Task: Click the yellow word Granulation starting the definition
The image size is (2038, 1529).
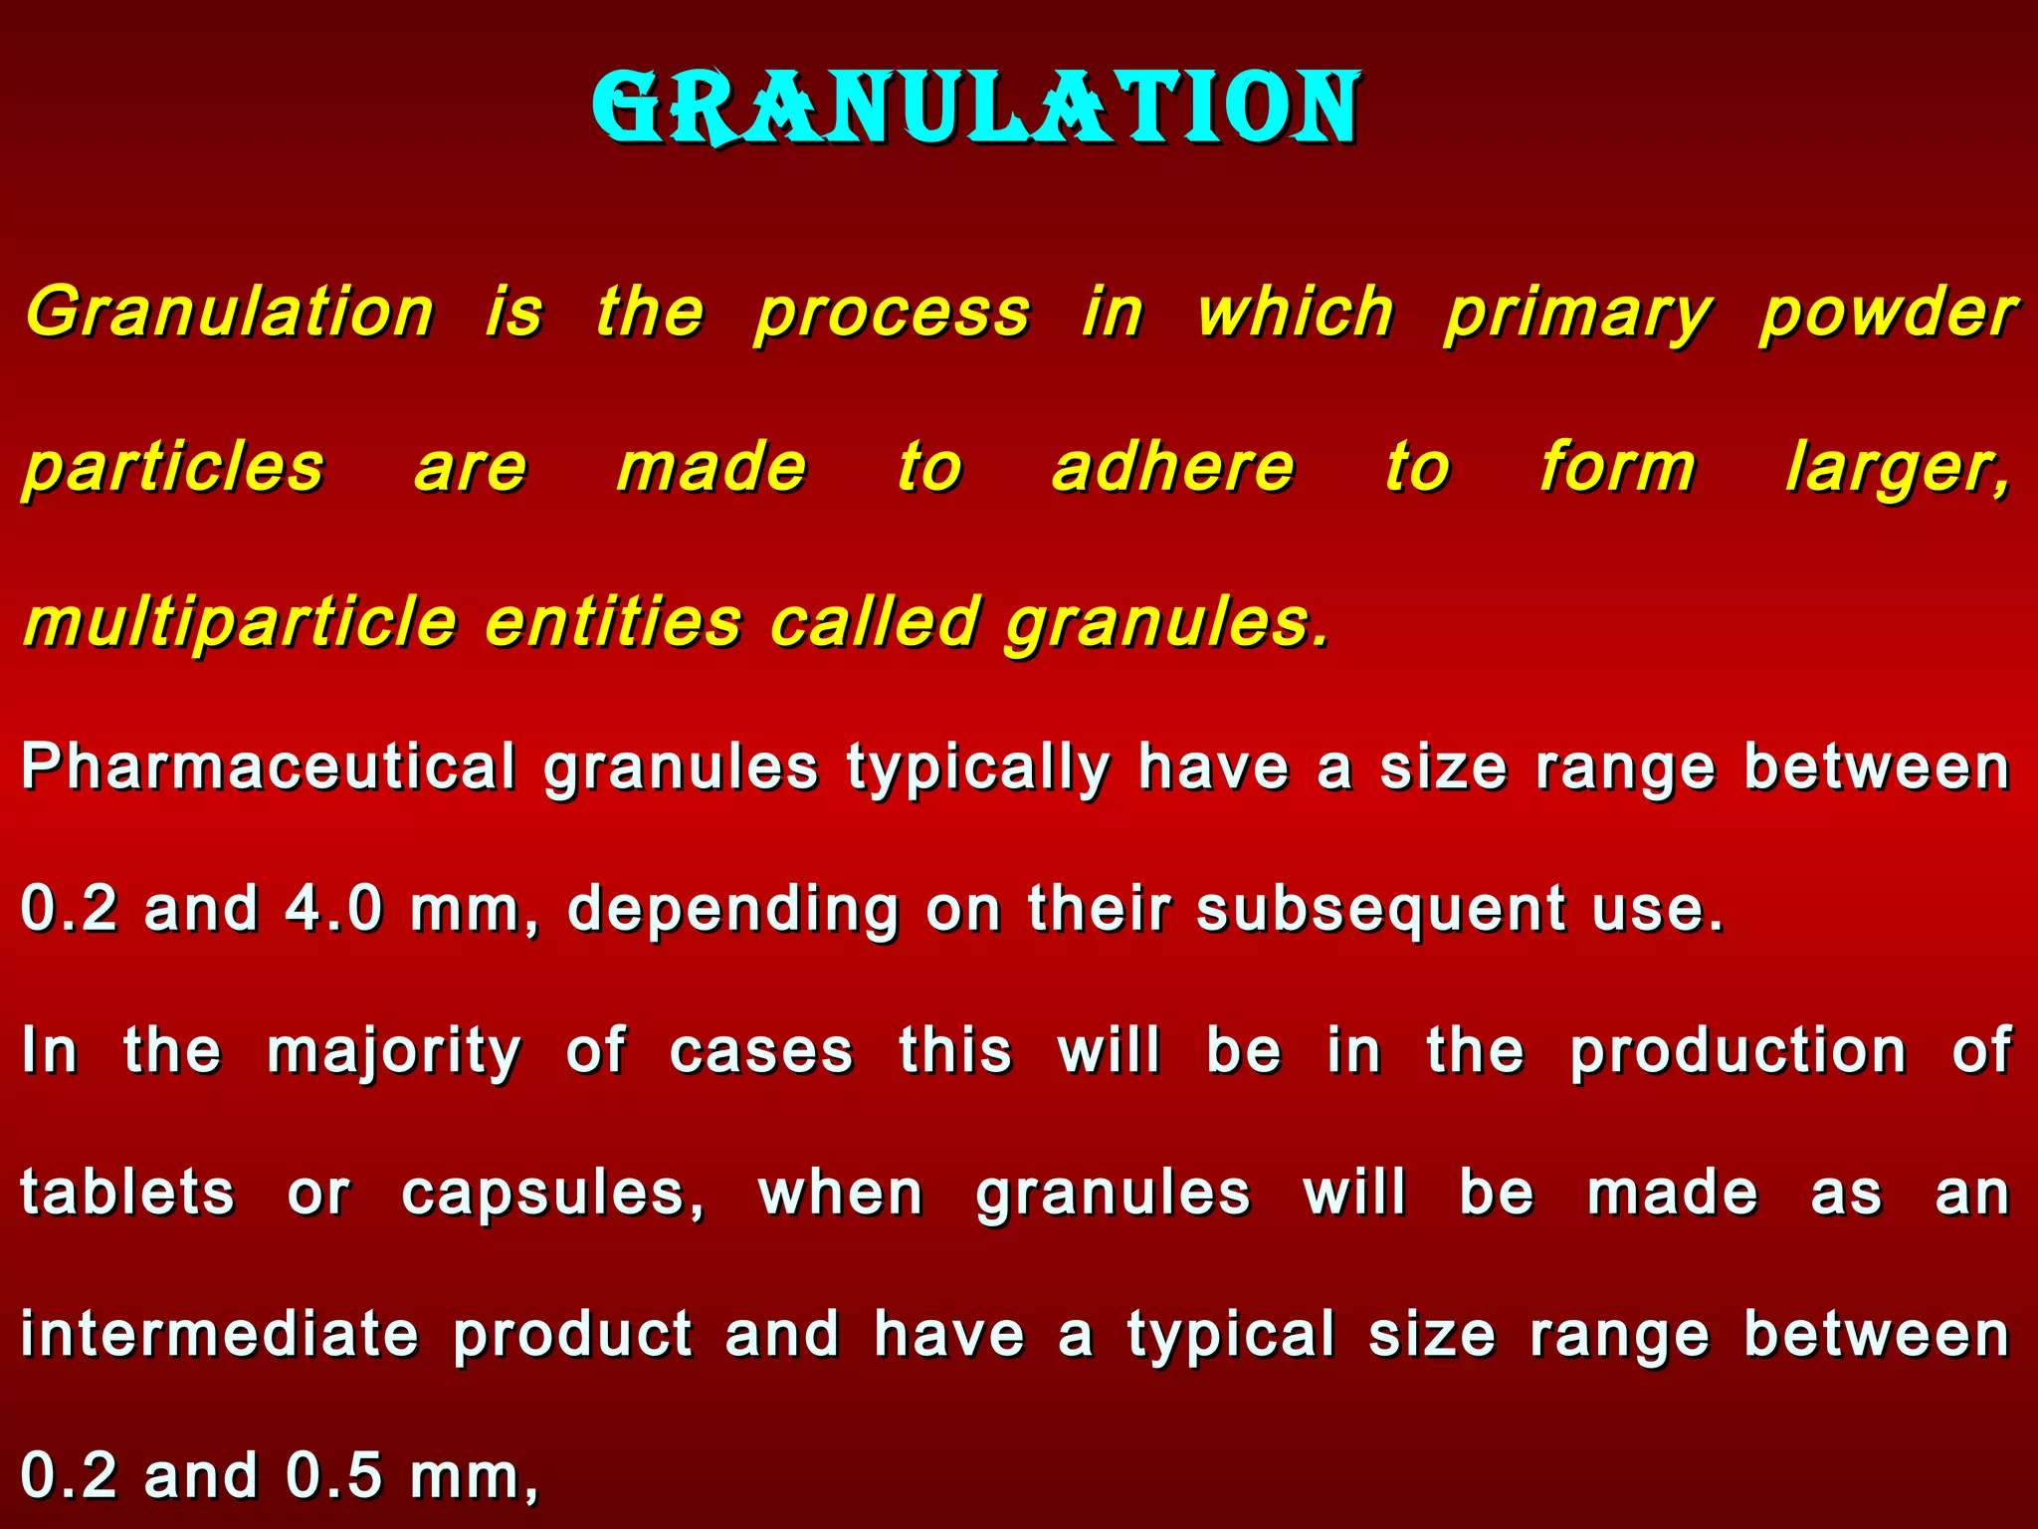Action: pyautogui.click(x=230, y=313)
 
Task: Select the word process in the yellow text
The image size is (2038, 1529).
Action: pyautogui.click(x=892, y=315)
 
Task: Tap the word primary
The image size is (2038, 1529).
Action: pyautogui.click(x=1577, y=315)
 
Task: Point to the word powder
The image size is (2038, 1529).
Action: pyautogui.click(x=1888, y=315)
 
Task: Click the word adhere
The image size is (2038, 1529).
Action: pyautogui.click(x=1173, y=468)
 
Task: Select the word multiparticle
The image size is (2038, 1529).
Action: pyautogui.click(x=240, y=623)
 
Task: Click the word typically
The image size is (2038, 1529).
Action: pyautogui.click(x=978, y=768)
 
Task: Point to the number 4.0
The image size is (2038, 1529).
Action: pyautogui.click(x=333, y=909)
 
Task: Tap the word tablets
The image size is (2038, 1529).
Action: pyautogui.click(x=127, y=1194)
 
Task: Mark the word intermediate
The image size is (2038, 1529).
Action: pyautogui.click(x=219, y=1335)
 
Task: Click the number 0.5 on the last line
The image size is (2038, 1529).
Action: pyautogui.click(x=333, y=1476)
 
